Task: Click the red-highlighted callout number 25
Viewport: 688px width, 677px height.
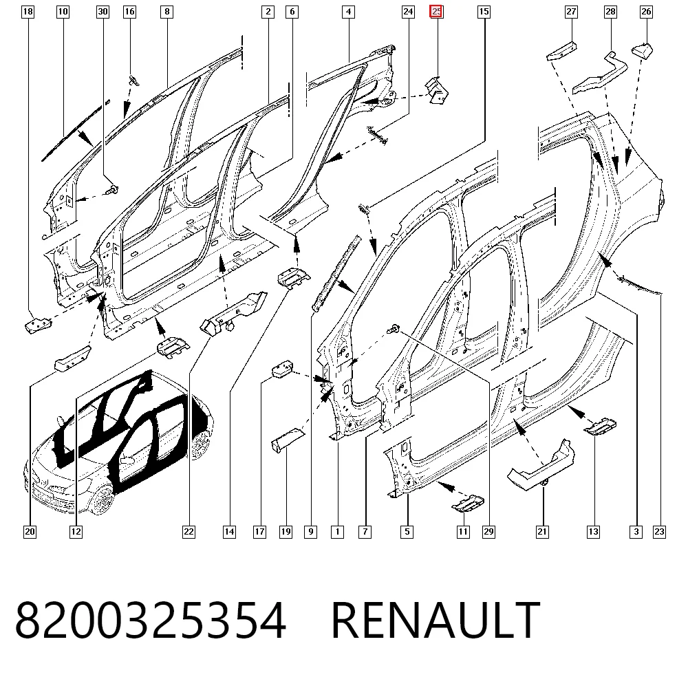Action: point(437,12)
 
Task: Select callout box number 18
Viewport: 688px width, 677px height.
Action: point(28,12)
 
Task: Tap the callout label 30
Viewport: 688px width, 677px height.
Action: point(103,12)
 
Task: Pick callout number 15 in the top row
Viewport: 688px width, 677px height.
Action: point(484,12)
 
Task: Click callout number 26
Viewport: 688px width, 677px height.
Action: point(646,12)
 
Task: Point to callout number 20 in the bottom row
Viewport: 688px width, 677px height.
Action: point(30,532)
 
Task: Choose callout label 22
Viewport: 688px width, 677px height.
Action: point(189,532)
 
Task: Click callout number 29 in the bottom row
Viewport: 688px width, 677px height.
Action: point(488,532)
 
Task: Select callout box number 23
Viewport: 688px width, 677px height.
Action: point(660,532)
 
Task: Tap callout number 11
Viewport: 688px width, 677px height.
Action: point(463,532)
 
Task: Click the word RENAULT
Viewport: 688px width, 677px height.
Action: point(436,620)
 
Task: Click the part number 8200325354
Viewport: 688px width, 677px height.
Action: point(151,620)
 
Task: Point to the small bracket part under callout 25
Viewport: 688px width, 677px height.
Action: point(437,91)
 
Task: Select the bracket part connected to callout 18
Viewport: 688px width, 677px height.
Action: point(38,326)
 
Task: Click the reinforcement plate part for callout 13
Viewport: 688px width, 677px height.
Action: point(600,426)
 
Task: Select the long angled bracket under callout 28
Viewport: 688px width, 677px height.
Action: point(600,73)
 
